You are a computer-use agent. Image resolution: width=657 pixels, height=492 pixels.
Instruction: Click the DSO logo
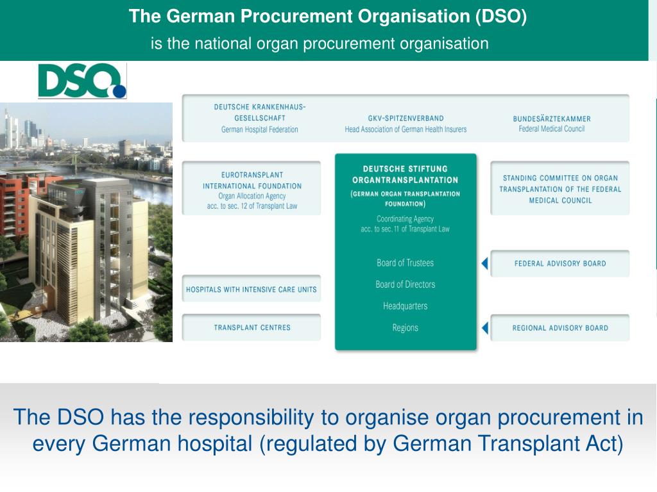[82, 81]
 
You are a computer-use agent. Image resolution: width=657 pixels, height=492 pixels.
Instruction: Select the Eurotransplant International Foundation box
[252, 188]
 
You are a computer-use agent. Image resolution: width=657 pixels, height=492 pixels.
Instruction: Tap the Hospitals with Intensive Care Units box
[252, 289]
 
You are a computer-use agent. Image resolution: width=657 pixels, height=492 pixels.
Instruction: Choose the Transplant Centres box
[252, 327]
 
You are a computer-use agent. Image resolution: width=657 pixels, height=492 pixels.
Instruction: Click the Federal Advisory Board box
[559, 263]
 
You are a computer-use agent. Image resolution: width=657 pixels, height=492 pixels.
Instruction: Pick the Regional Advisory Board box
[559, 327]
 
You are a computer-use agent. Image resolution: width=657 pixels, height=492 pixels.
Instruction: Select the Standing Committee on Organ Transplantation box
[559, 188]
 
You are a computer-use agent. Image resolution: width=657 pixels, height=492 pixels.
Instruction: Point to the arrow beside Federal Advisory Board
[485, 263]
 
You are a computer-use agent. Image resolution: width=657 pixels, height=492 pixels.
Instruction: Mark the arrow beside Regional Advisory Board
[485, 328]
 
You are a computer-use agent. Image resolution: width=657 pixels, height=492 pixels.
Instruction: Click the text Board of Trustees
[405, 263]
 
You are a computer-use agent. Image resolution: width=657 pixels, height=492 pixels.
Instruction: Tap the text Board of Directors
[405, 284]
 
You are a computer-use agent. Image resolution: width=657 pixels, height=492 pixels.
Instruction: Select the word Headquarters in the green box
[405, 306]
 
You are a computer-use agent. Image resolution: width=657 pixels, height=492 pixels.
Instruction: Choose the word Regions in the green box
[405, 328]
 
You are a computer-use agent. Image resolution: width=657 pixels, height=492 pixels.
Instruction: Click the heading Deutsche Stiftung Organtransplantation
[405, 174]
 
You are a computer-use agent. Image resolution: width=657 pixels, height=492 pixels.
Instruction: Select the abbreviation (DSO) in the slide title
[501, 17]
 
